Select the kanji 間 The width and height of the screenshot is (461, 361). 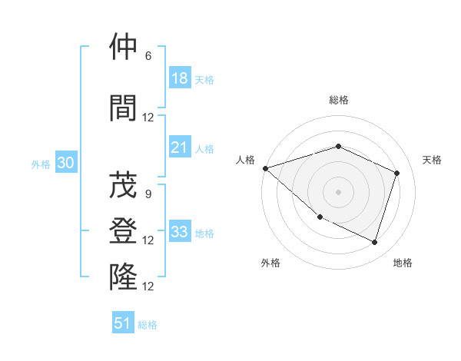coord(123,108)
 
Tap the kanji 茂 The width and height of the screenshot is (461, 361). coord(123,185)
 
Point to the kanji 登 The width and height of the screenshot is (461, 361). coord(123,231)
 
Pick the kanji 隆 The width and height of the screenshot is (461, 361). coord(123,277)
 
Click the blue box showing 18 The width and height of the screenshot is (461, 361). coord(180,78)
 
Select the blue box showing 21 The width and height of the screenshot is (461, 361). coord(180,148)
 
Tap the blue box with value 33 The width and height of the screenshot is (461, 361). coord(180,232)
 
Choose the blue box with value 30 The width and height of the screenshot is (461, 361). coord(66,163)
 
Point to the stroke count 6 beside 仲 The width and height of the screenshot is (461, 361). coord(148,56)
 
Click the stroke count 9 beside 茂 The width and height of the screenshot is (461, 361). coord(148,194)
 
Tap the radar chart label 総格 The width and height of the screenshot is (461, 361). coord(338,100)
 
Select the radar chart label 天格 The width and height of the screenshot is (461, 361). coord(433,160)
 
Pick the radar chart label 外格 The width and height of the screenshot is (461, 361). coord(270,263)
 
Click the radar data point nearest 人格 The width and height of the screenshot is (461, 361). coord(265,168)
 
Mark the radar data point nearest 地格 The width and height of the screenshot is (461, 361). coord(374,242)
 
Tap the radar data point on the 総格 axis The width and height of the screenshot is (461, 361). coord(338,146)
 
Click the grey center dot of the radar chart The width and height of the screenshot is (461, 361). coord(338,191)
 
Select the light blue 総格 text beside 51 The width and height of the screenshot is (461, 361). coord(148,325)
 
